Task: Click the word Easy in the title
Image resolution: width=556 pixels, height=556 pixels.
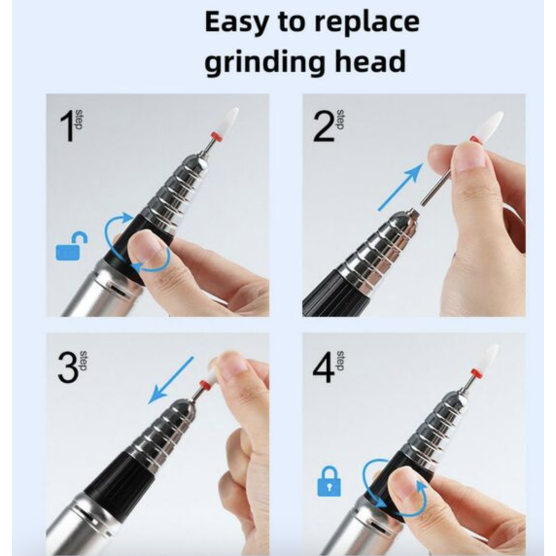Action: pos(237,22)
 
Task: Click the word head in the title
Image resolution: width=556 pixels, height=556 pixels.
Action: pos(370,60)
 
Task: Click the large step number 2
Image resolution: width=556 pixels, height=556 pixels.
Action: pos(324,126)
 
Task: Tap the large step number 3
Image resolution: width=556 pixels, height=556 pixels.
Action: pos(68,367)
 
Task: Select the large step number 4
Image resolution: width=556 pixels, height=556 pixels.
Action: pos(323,367)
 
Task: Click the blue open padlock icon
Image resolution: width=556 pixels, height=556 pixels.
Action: pos(71,246)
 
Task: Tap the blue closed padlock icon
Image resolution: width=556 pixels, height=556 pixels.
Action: pos(329,481)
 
